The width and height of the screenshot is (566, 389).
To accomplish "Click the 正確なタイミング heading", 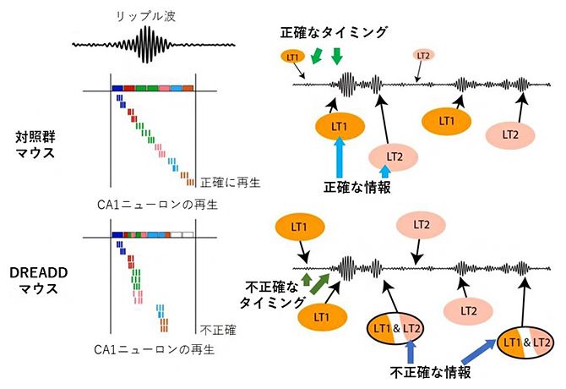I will [336, 32].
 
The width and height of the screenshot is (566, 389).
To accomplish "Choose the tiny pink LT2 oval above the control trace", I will [424, 56].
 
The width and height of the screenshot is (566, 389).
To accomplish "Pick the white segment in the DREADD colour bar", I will [183, 234].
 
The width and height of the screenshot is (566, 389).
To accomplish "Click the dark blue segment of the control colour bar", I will [117, 88].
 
